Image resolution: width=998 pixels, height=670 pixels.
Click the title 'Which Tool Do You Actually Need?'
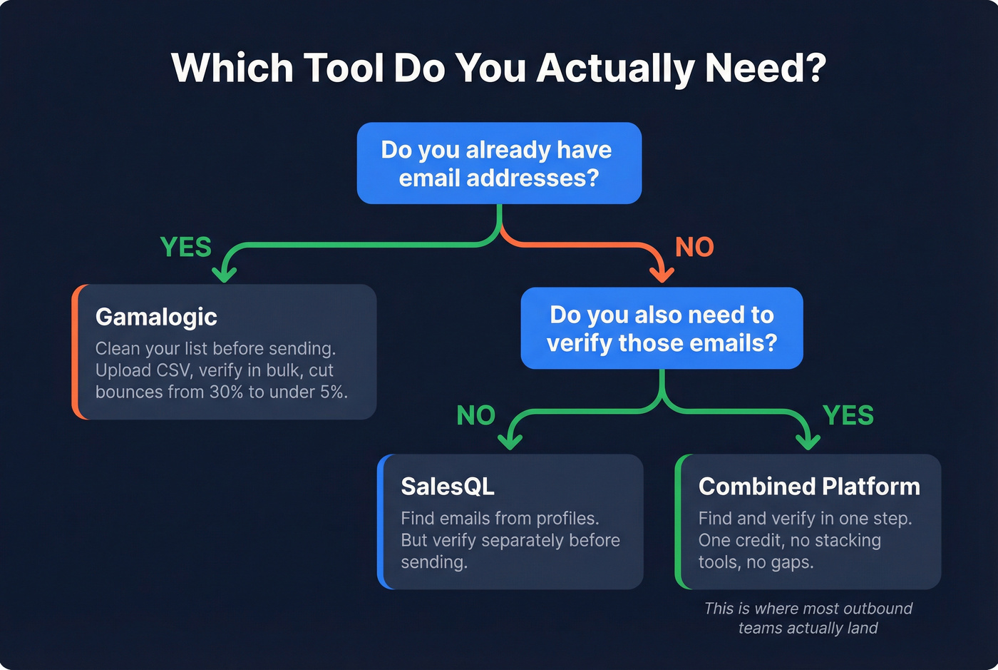(498, 68)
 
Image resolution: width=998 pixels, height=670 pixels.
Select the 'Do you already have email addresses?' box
(499, 163)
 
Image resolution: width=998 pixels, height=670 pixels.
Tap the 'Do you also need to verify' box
(662, 328)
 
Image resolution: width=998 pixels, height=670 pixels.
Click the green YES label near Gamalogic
(186, 247)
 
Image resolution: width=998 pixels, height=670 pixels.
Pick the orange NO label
(694, 247)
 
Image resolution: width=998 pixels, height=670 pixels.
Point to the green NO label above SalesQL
(475, 415)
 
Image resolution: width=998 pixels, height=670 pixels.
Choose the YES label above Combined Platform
(848, 415)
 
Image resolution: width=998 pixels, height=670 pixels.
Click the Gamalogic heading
(156, 317)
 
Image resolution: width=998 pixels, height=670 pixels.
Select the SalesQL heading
(447, 487)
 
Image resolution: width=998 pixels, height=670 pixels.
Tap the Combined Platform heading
(809, 487)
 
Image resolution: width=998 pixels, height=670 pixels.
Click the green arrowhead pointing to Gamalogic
(225, 274)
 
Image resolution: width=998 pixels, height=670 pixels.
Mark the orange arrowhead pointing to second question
(662, 274)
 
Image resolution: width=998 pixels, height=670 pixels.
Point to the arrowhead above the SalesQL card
(510, 442)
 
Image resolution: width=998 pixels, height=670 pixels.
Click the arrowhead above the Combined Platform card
(807, 442)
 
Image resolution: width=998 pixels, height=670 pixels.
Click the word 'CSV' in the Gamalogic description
(175, 370)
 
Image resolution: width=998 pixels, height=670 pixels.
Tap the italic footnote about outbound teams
(808, 618)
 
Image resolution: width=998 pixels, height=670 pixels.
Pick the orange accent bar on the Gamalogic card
(76, 352)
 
